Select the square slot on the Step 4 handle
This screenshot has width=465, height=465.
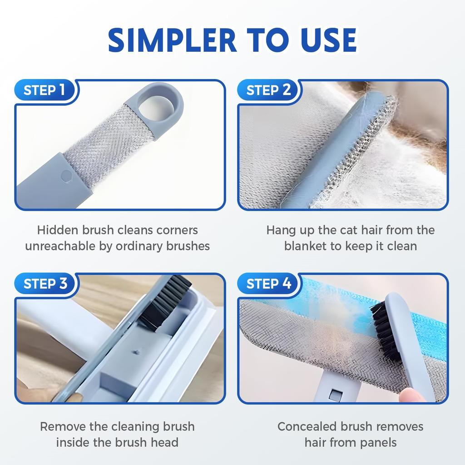click(335, 395)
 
